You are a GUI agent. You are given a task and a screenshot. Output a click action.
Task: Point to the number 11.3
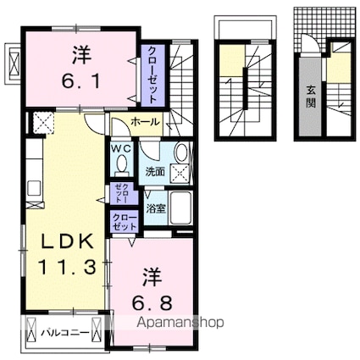point(64,271)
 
